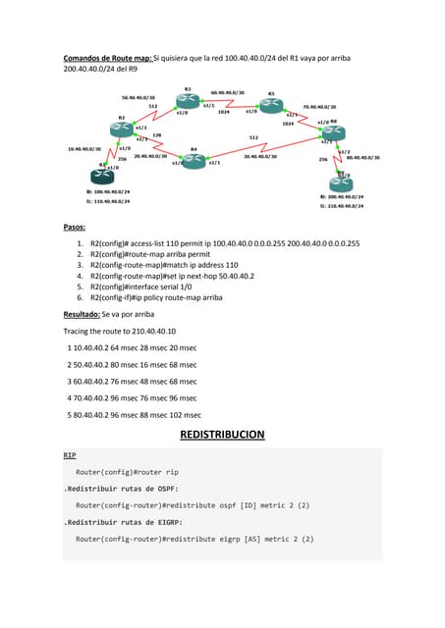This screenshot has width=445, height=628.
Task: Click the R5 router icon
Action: coord(271,105)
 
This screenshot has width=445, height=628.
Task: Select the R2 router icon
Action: coord(123,130)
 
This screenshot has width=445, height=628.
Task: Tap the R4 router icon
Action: coord(194,160)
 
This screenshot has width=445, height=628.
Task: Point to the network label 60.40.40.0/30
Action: coord(228,93)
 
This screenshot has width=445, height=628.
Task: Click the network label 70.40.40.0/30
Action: coord(319,107)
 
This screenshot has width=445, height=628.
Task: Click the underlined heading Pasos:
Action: coord(76,227)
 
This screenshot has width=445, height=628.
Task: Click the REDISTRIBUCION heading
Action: coord(222,435)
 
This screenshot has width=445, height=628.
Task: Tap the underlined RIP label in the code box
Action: coord(70,456)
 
